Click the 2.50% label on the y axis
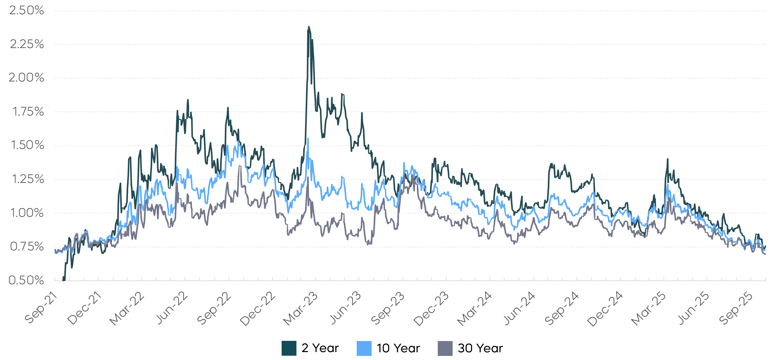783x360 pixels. coord(27,11)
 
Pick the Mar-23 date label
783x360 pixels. coord(300,309)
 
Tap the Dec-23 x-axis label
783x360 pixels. coord(431,309)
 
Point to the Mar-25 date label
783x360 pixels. coord(648,309)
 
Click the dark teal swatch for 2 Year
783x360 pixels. coord(289,348)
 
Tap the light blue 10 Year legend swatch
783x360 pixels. coord(364,348)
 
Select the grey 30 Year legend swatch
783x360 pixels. coord(445,348)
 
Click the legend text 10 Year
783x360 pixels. coord(398,348)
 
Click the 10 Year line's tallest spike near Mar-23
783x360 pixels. coord(308,139)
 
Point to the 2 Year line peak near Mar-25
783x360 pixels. coord(668,159)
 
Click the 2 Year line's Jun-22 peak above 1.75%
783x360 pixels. coord(188,100)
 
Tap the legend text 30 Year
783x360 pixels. coord(480,348)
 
